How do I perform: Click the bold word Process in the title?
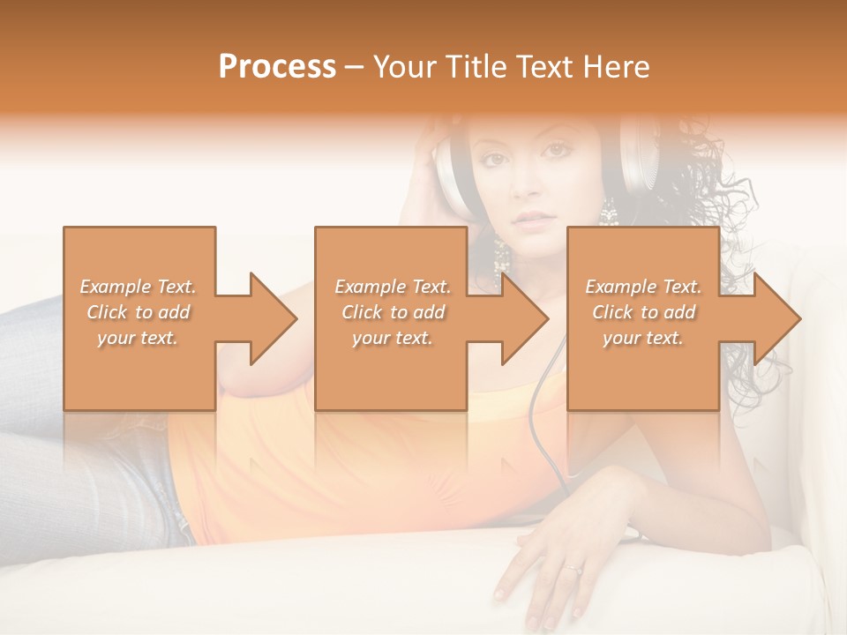click(277, 67)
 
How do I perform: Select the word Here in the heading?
click(617, 67)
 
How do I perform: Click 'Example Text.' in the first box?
click(139, 287)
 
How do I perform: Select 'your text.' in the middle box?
click(392, 338)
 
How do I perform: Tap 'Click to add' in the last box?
click(643, 312)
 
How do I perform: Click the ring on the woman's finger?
click(574, 569)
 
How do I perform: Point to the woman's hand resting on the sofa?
click(547, 564)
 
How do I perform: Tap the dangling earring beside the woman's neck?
click(502, 256)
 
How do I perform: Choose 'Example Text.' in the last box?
click(643, 287)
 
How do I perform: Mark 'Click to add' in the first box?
click(139, 312)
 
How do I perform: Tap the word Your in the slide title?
click(402, 67)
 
